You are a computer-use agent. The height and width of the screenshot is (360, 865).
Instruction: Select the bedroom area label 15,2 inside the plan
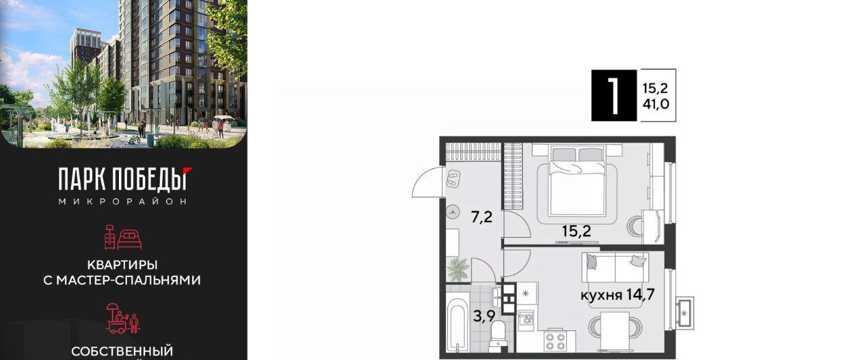coord(576,231)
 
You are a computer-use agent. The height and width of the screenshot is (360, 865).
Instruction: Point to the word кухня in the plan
coord(601,296)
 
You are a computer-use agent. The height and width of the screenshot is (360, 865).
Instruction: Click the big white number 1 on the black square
coord(614,96)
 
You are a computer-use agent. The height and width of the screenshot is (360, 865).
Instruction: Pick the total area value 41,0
coord(656,104)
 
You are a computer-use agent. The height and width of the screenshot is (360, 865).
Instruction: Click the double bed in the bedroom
coord(576,180)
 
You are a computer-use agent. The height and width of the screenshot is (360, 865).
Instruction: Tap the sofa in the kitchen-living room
coord(615,267)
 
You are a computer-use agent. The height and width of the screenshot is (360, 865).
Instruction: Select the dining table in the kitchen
coord(615,330)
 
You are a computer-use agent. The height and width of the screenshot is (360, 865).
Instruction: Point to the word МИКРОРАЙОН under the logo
coord(123,201)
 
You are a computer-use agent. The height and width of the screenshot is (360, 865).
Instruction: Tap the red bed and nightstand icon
coord(123,237)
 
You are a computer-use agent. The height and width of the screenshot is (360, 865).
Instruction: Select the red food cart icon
coord(123,318)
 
